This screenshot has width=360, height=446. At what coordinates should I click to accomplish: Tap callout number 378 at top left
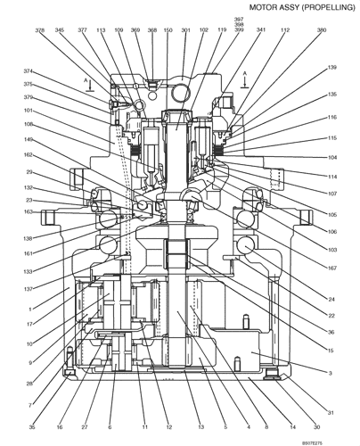41,30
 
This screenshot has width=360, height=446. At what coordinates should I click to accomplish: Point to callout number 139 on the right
331,68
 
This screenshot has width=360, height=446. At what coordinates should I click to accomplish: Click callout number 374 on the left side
28,72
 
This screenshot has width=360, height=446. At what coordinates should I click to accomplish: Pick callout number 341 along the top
261,30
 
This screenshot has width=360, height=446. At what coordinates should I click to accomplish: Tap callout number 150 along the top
168,30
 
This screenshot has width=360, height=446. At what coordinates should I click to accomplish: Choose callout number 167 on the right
331,268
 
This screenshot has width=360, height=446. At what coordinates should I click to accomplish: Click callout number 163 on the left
28,212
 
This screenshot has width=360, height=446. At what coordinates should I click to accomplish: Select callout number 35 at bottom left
32,427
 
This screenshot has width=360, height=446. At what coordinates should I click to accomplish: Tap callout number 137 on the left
28,289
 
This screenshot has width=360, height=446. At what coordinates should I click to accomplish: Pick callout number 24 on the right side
331,299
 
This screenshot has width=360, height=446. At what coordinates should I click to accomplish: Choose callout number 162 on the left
28,155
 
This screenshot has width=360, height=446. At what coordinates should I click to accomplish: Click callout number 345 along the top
60,30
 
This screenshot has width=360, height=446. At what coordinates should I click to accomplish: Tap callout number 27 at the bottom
84,427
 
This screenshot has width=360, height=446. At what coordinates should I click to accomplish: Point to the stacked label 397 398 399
239,24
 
